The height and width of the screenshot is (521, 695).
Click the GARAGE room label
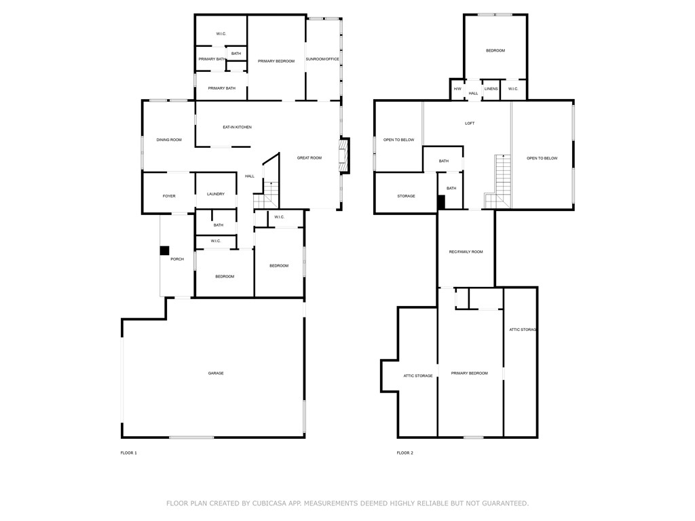[x=216, y=373]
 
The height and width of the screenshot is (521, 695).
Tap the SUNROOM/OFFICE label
[x=322, y=59]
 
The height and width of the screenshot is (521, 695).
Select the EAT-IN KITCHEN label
[x=238, y=127]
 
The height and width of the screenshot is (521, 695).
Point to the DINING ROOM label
[x=169, y=140]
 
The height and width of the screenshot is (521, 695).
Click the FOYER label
[x=169, y=196]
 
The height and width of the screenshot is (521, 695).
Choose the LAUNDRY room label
[x=216, y=194]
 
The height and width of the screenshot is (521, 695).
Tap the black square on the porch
[x=164, y=250]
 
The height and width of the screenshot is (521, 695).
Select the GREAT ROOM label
[x=309, y=158]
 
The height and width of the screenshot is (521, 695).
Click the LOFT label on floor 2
[x=470, y=123]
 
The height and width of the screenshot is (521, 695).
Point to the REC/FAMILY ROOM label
[x=466, y=252]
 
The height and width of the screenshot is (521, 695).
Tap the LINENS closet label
[x=491, y=89]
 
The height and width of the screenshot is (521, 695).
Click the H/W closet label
[x=457, y=89]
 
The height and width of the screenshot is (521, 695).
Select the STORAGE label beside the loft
[x=407, y=196]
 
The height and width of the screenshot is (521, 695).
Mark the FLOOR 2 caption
[x=405, y=452]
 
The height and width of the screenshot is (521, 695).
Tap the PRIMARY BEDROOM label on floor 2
[x=470, y=373]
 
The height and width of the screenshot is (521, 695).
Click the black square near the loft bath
[x=440, y=201]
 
